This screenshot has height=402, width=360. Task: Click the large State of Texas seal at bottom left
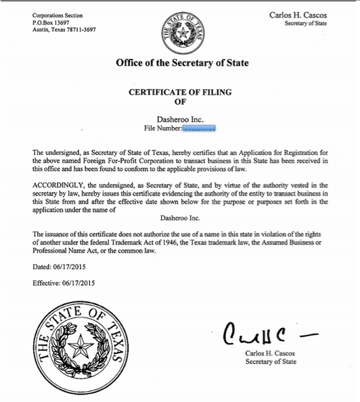(x=83, y=348)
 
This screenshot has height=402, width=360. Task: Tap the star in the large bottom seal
(x=83, y=348)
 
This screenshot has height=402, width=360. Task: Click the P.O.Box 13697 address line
(x=51, y=22)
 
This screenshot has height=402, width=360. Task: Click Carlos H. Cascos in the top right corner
(x=298, y=14)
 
